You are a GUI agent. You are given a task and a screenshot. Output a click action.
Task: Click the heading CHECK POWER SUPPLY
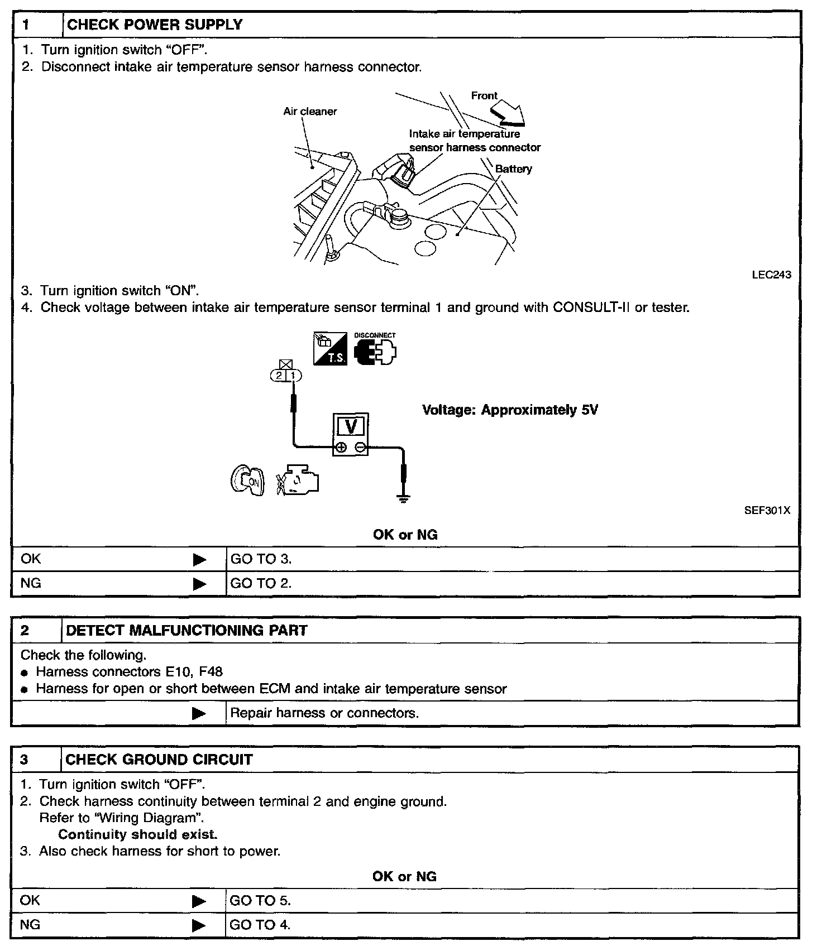155,25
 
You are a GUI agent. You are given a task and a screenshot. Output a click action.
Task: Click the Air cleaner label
310,112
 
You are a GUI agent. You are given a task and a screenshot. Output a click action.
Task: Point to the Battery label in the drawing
513,169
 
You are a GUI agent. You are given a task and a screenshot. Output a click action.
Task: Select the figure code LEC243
771,275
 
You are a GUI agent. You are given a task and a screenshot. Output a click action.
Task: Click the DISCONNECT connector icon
375,350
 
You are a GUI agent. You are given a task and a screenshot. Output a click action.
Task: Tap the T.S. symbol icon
330,350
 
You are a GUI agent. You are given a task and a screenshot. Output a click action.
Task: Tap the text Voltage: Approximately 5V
510,410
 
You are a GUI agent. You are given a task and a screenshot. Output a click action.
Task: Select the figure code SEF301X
767,511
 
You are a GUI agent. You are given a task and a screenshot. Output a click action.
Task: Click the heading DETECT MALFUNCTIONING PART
187,631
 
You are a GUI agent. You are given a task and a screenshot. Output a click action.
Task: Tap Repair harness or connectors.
324,713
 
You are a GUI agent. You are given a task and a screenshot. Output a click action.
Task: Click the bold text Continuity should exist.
137,834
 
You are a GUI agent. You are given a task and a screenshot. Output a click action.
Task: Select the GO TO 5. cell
260,900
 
